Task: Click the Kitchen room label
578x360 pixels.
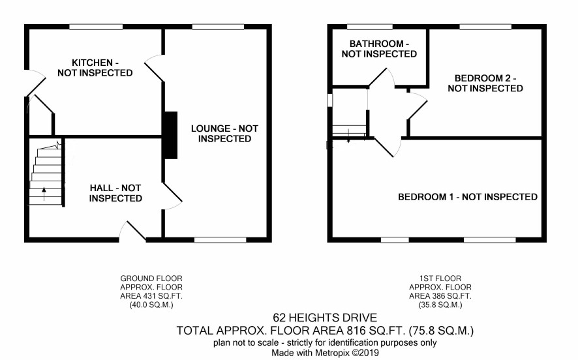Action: coord(95,68)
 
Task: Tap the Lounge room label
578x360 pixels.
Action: coord(224,134)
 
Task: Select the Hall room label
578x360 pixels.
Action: coord(115,193)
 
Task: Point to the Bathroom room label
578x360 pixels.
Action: coord(379,49)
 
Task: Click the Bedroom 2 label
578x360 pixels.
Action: coord(485,83)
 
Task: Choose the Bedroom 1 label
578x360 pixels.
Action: coord(467,197)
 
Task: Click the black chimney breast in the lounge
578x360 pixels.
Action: coord(170,135)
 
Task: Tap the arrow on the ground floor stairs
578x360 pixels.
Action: coord(44,194)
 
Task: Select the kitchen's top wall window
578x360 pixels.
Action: coord(96,27)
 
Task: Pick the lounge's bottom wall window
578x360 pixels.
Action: coord(220,240)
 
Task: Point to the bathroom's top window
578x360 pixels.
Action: coord(370,27)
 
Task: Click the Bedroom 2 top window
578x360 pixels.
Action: coord(485,27)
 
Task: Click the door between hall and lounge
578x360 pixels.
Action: coord(172,196)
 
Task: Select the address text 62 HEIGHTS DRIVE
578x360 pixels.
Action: coord(325,318)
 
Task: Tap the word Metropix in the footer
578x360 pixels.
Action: coord(334,353)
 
